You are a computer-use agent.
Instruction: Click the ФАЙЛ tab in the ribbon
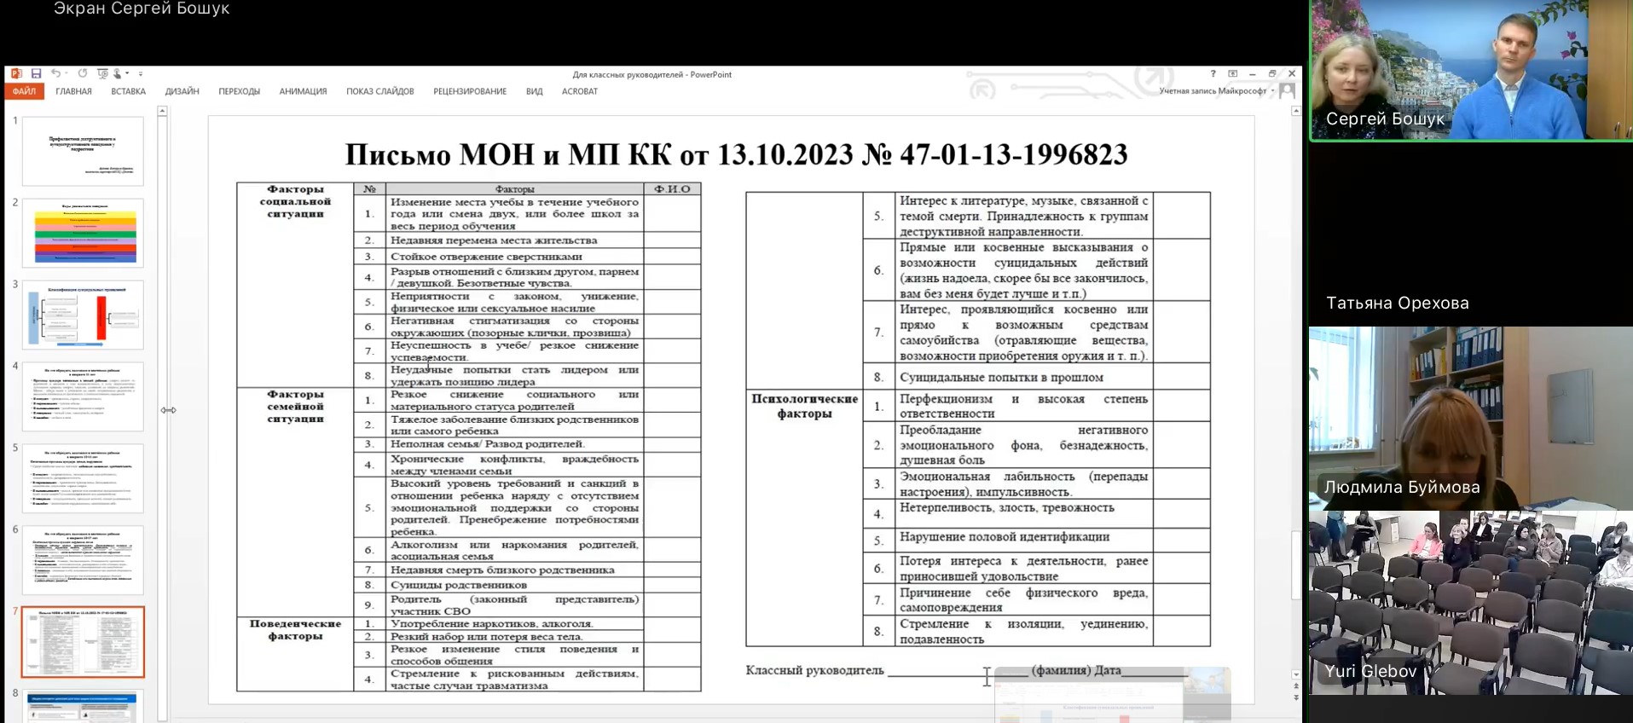pyautogui.click(x=24, y=91)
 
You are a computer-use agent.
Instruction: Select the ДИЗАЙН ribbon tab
pyautogui.click(x=182, y=91)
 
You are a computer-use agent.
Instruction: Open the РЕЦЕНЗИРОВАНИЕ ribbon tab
pyautogui.click(x=470, y=91)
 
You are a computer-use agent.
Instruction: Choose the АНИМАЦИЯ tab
pyautogui.click(x=303, y=91)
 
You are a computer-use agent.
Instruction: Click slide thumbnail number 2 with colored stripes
pyautogui.click(x=83, y=233)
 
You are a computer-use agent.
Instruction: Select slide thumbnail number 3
pyautogui.click(x=83, y=315)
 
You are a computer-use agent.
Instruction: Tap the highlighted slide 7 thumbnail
pyautogui.click(x=83, y=642)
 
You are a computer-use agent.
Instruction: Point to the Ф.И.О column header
pyautogui.click(x=672, y=189)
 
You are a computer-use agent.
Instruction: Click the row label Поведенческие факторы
pyautogui.click(x=295, y=629)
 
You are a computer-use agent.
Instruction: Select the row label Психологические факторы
pyautogui.click(x=804, y=406)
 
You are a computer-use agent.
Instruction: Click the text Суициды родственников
pyautogui.click(x=459, y=585)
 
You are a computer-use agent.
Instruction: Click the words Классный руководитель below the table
pyautogui.click(x=814, y=670)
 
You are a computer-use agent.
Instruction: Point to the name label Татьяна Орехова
pyautogui.click(x=1397, y=303)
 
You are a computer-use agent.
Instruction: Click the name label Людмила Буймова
pyautogui.click(x=1401, y=487)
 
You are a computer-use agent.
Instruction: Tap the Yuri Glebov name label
pyautogui.click(x=1370, y=671)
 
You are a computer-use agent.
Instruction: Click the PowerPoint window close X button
pyautogui.click(x=1292, y=74)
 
